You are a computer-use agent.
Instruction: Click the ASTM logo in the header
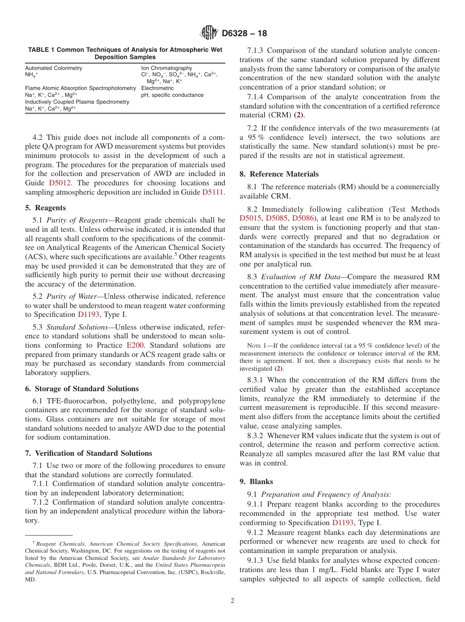209,34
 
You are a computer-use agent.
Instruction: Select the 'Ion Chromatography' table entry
166,68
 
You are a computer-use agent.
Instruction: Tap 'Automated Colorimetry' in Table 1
53,68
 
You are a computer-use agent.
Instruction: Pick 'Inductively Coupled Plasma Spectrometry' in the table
77,102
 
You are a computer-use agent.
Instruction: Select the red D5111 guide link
213,192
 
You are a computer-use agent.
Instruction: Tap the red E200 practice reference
135,345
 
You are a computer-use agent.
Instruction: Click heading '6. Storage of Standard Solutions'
82,389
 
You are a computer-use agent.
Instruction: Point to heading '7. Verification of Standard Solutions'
88,453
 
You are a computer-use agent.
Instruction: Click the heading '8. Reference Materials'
279,174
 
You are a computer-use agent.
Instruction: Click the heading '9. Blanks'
256,481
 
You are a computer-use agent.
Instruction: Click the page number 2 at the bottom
232,601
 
